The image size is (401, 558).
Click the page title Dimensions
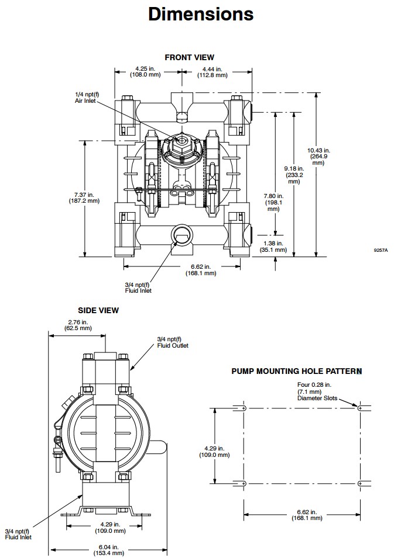pyautogui.click(x=200, y=14)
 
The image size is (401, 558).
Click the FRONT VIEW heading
pyautogui.click(x=189, y=57)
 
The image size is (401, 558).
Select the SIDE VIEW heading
pyautogui.click(x=98, y=310)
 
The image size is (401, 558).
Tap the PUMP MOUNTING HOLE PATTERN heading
pyautogui.click(x=296, y=371)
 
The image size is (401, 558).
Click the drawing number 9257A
pyautogui.click(x=381, y=250)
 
